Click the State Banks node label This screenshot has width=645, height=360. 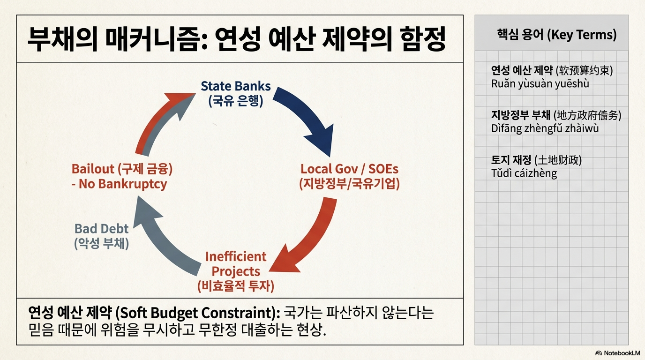click(235, 86)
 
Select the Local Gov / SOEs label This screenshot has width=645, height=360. click(349, 169)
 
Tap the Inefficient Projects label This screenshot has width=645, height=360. click(235, 264)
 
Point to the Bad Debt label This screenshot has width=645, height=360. click(101, 229)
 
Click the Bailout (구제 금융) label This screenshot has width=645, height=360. click(119, 169)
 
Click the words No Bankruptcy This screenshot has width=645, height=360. click(123, 184)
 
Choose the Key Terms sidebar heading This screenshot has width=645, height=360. click(556, 35)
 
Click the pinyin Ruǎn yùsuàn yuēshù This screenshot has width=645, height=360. click(540, 84)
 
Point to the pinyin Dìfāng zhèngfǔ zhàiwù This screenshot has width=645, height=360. click(545, 128)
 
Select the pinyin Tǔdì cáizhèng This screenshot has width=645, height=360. click(524, 173)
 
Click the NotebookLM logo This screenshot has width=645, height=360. click(617, 352)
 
